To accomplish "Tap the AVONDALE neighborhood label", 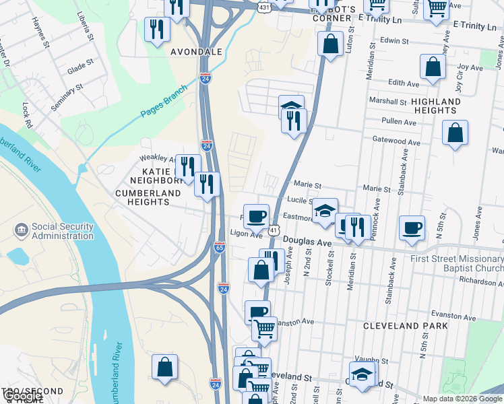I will point(196,51).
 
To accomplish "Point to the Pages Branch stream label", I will point(164,105).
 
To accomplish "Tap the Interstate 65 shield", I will point(219,248).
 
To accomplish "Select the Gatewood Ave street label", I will point(397,142).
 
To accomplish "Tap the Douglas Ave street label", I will point(307,241).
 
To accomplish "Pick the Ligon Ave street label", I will point(246,234).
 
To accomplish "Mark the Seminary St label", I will point(66,96).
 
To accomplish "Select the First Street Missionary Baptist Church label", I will point(455,264).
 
